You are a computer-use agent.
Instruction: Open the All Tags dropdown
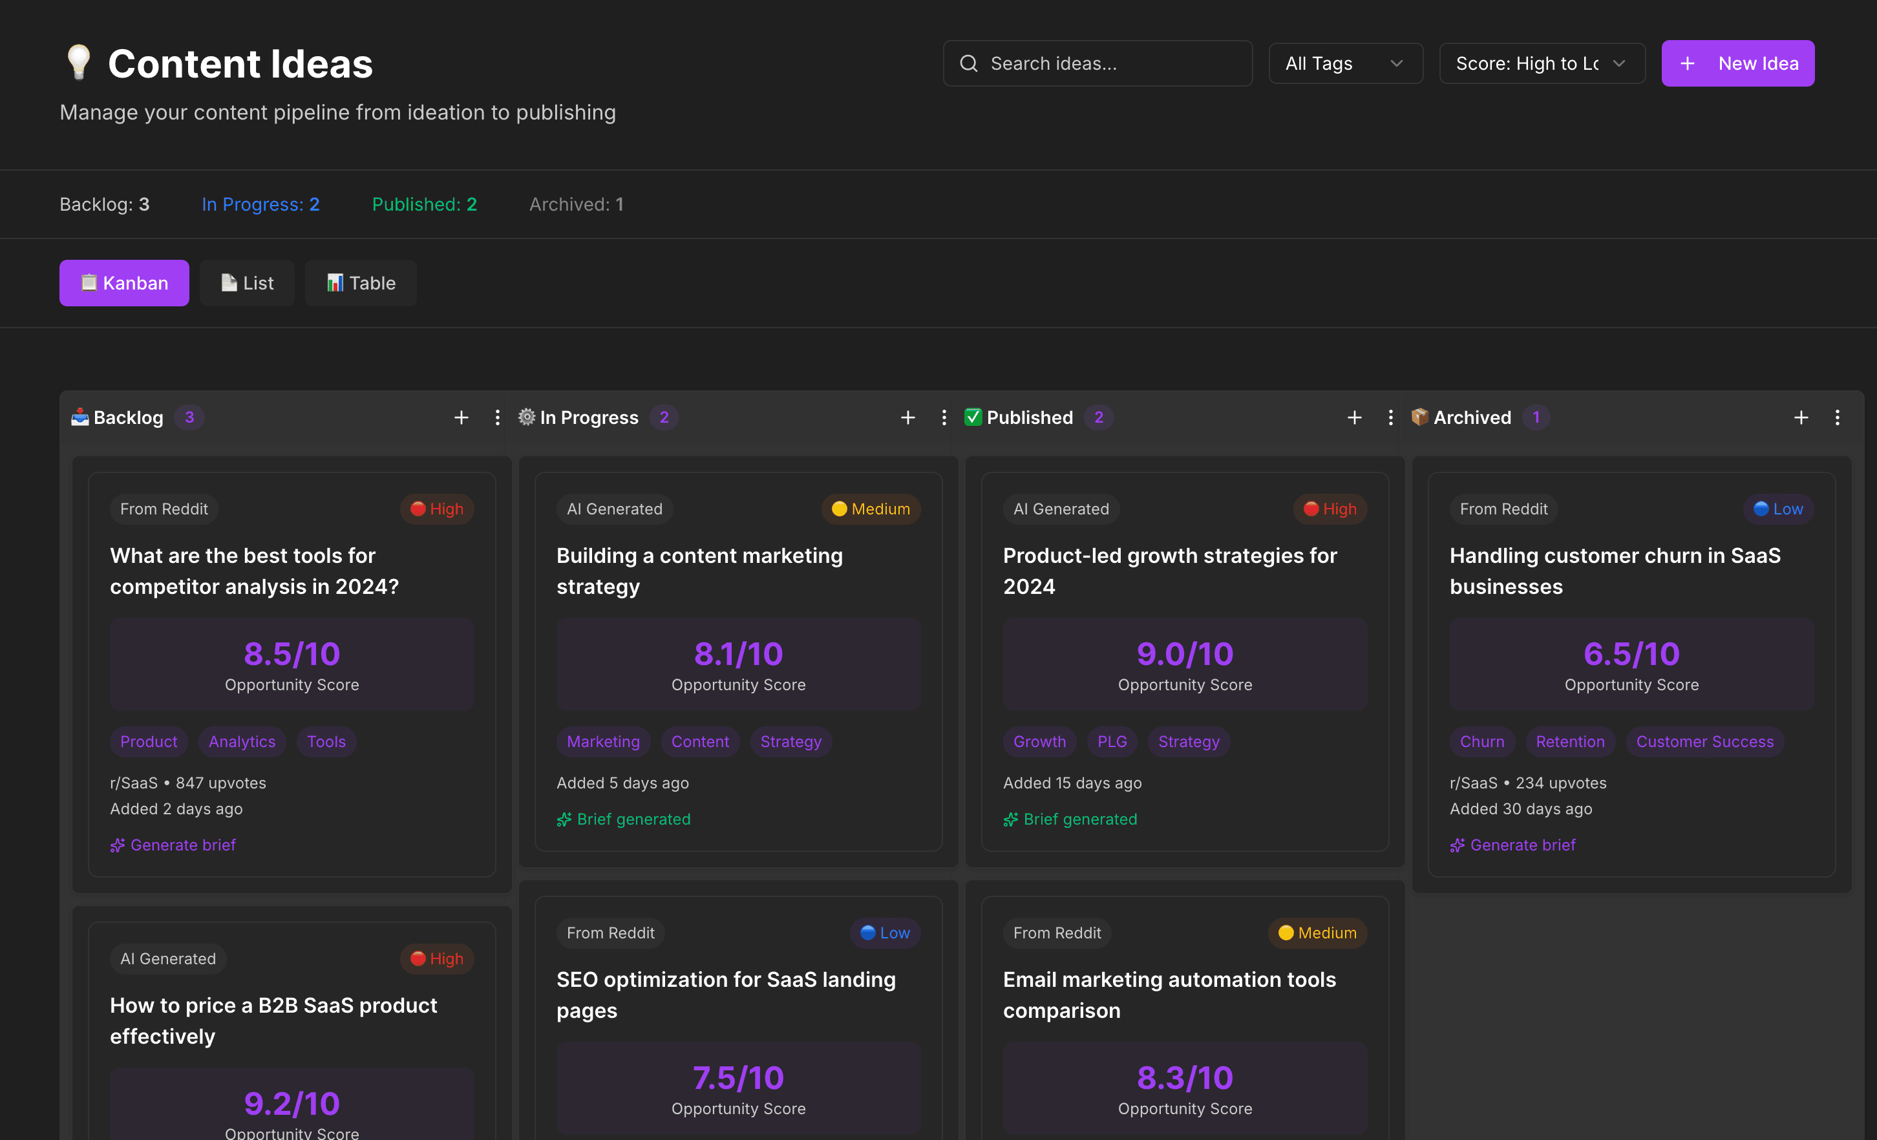1344,63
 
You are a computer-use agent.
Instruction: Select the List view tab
247,283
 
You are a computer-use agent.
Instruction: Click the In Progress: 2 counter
260,204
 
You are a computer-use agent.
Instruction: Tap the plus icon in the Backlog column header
461,417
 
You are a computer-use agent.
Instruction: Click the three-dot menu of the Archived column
1837,417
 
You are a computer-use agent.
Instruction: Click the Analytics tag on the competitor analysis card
242,742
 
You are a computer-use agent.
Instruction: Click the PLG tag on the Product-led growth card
1112,742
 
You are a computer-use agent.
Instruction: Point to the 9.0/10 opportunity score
1185,654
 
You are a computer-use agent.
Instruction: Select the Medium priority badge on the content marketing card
871,509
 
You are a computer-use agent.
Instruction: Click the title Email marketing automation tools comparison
1169,995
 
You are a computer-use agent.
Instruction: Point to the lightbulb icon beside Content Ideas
78,63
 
